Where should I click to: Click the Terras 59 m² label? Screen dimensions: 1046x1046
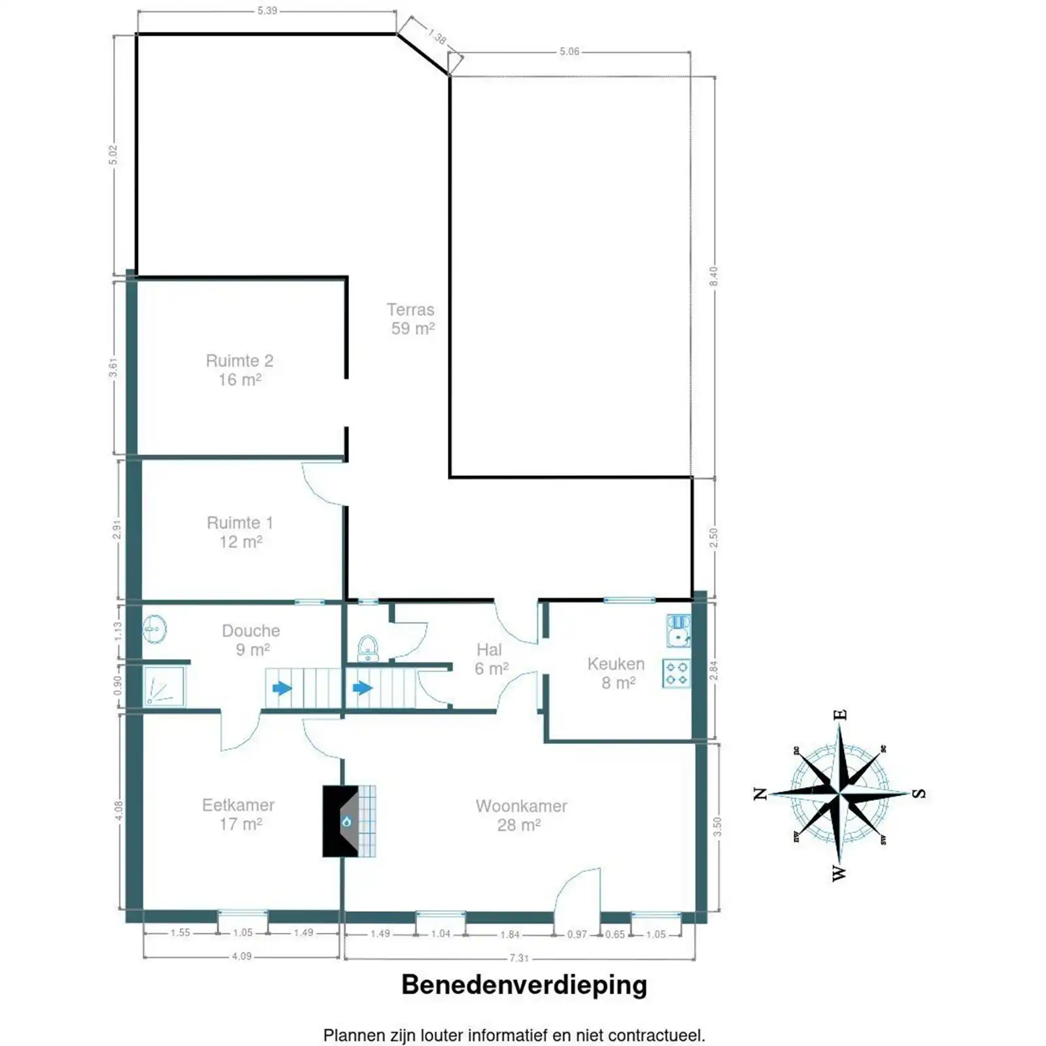click(x=411, y=319)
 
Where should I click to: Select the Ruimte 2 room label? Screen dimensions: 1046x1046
click(x=239, y=370)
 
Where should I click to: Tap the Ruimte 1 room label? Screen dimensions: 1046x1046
click(x=240, y=532)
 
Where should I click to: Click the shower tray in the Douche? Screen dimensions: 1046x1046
click(x=164, y=686)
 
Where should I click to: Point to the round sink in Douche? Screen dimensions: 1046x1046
click(x=155, y=629)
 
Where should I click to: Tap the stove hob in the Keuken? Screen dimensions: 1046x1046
click(x=676, y=673)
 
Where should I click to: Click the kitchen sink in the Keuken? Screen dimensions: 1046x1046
click(x=679, y=630)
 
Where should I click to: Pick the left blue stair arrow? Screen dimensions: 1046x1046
click(x=282, y=688)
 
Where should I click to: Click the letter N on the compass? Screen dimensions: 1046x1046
click(x=760, y=794)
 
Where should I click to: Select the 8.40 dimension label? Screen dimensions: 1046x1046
click(x=714, y=276)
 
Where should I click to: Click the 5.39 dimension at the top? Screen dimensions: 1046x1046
click(x=267, y=10)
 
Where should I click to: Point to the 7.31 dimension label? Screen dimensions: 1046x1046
click(x=518, y=958)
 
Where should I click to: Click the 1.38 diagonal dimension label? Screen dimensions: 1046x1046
click(x=437, y=36)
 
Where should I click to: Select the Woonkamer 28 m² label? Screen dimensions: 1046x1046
click(x=521, y=815)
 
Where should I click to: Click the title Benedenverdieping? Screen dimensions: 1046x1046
click(x=524, y=985)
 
